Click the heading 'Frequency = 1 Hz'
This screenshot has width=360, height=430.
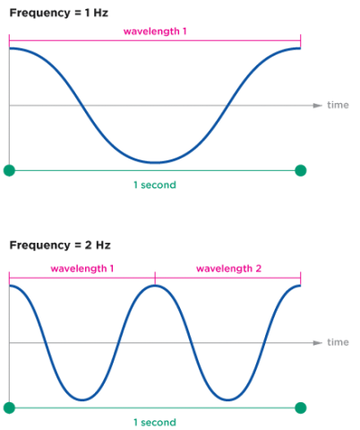59,13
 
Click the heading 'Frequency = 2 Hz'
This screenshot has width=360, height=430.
60,245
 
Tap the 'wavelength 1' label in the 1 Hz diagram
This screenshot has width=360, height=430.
155,31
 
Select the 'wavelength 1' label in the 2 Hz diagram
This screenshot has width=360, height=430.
82,269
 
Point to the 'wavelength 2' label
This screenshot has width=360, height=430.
228,269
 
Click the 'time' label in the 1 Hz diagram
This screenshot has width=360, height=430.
338,105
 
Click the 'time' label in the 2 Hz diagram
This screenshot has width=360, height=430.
338,342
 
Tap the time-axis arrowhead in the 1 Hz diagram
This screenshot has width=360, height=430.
318,106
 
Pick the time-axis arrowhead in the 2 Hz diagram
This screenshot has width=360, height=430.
318,343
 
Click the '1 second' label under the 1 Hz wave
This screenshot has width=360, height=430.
155,185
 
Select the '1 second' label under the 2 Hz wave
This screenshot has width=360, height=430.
155,422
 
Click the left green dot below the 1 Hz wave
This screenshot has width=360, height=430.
9,170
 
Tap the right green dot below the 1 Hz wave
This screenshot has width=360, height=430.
301,170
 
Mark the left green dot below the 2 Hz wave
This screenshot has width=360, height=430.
9,408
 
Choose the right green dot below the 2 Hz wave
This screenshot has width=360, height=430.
301,408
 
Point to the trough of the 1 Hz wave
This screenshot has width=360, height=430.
155,163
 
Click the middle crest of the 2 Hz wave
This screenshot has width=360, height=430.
155,286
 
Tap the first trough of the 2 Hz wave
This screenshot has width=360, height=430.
82,400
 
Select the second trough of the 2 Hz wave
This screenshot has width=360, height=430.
227,400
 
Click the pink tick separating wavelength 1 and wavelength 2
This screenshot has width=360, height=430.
155,278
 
